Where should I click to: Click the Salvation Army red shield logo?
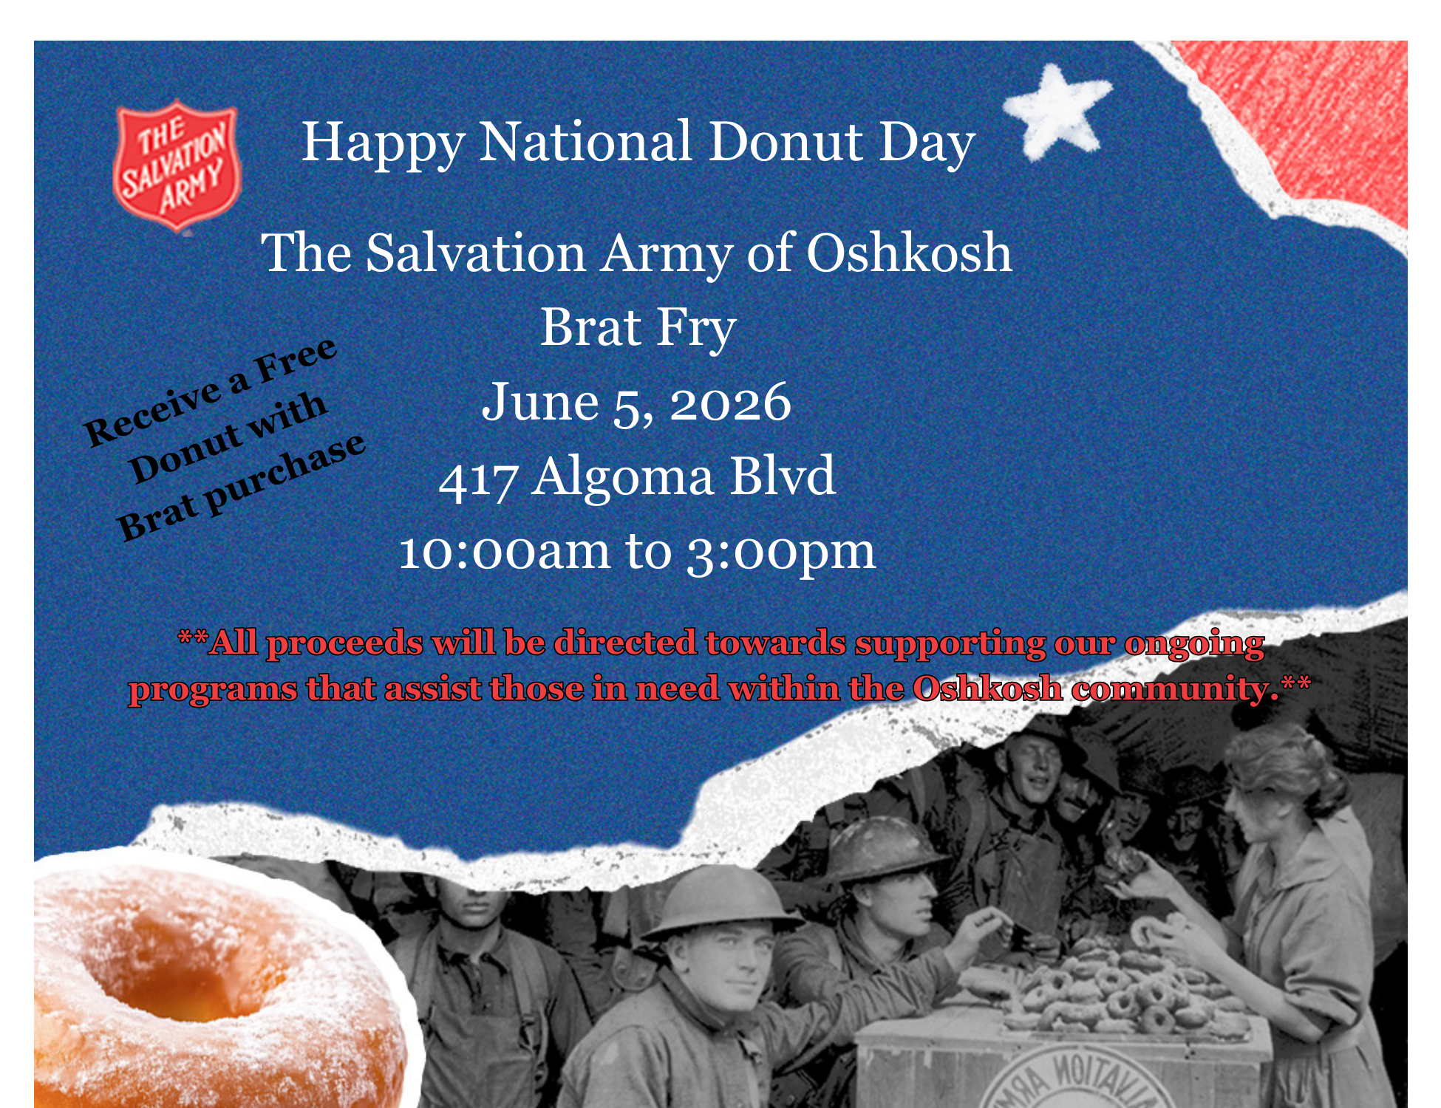tap(177, 166)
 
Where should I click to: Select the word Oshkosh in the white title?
tap(909, 253)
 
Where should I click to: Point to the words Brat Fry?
tap(638, 327)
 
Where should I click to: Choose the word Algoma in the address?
tap(622, 476)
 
